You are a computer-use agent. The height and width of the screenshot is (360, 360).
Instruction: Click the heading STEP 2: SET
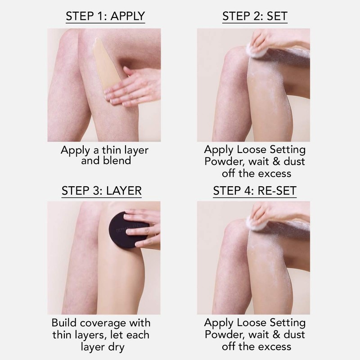(255, 16)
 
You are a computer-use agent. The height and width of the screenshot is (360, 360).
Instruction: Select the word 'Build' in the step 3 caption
(66, 323)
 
